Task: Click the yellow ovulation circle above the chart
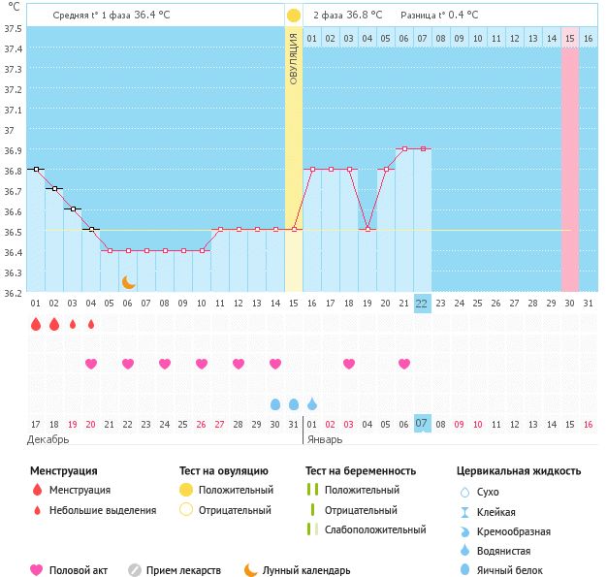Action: coord(294,16)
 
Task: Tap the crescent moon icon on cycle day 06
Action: coord(128,282)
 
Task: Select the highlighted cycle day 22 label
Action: coord(422,303)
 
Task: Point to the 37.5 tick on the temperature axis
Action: coord(14,27)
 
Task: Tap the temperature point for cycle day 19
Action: coord(367,230)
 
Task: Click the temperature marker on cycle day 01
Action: coord(36,169)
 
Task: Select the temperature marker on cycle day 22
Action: coord(422,148)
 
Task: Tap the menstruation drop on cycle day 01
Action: coord(36,325)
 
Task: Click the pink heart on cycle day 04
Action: coord(91,364)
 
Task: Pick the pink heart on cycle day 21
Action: coord(403,364)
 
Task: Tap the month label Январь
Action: coord(326,439)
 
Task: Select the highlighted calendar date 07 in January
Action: coord(422,423)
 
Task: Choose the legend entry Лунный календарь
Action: coord(305,570)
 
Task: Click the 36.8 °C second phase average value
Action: coord(365,16)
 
